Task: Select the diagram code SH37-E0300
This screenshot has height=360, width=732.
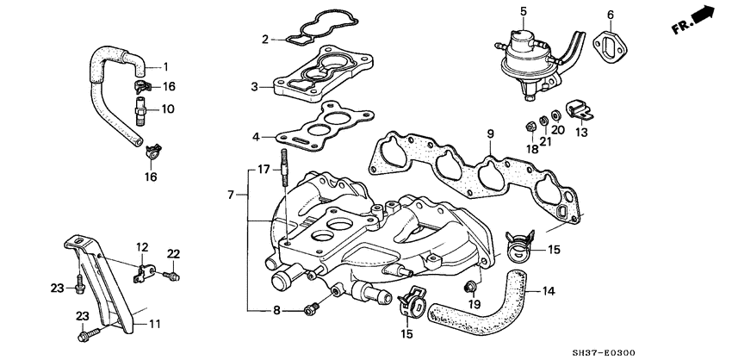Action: click(x=689, y=352)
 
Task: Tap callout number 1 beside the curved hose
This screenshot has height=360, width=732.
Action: click(x=166, y=66)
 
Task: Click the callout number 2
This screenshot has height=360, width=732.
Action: click(x=266, y=39)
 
